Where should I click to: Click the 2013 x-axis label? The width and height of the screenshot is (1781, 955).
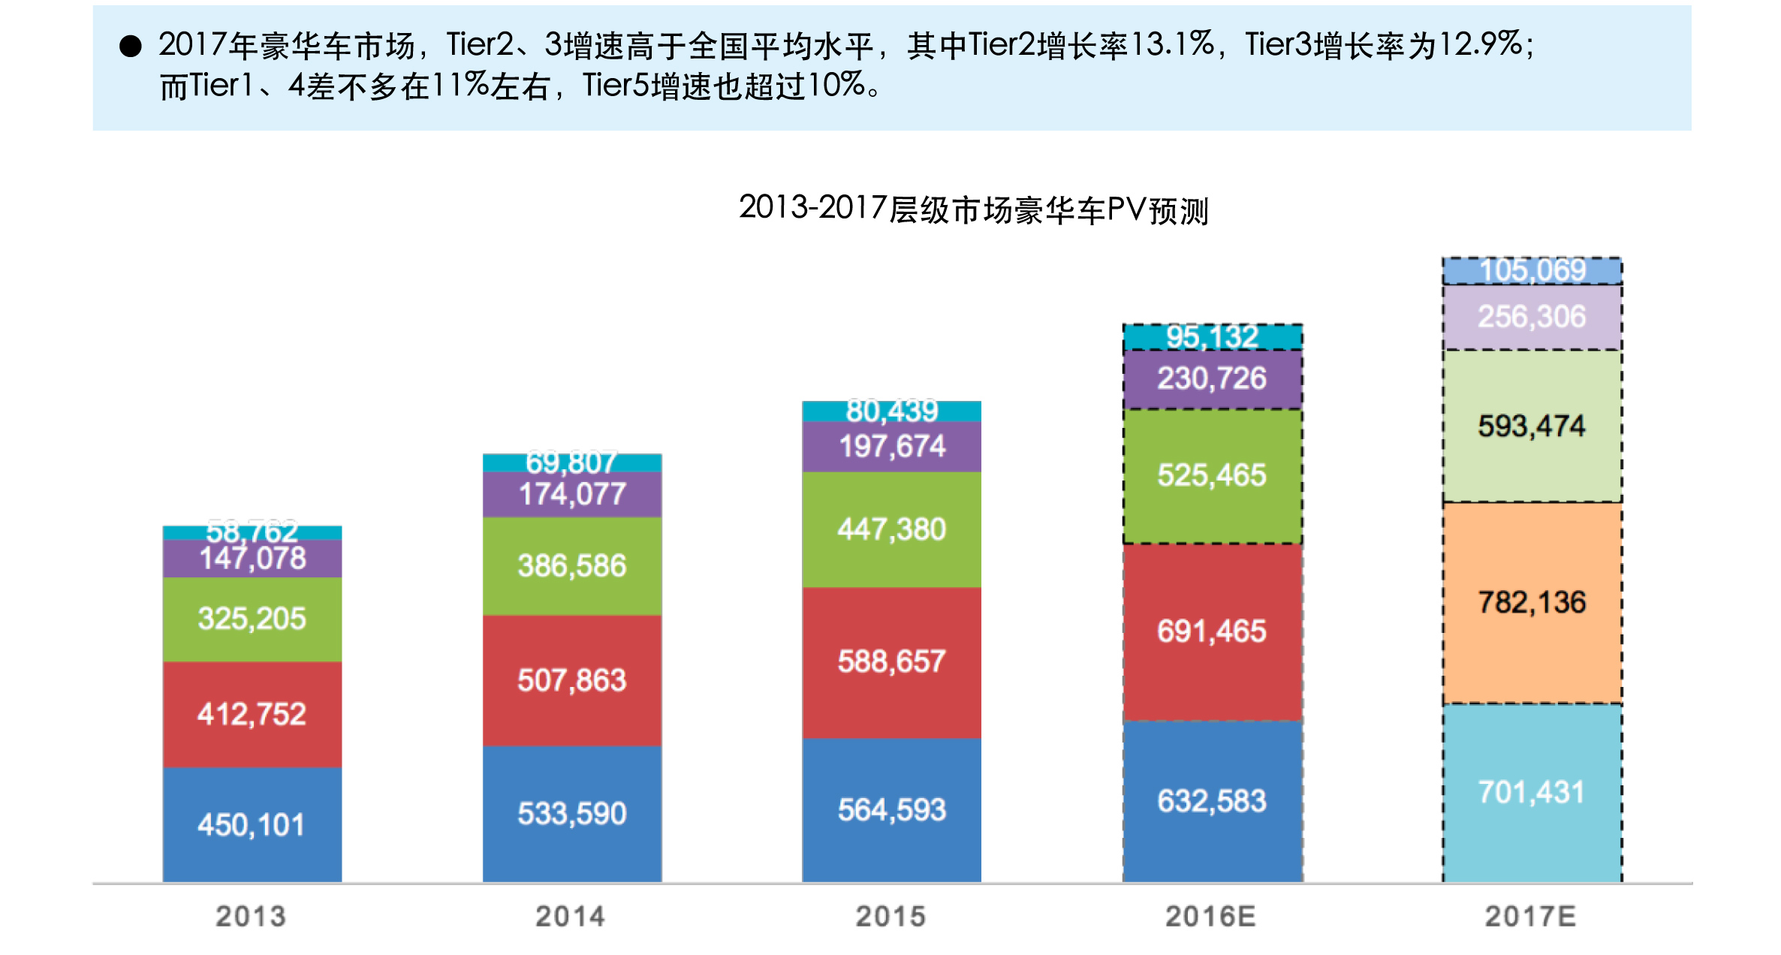click(251, 916)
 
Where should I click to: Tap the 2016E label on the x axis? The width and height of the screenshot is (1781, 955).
click(1210, 916)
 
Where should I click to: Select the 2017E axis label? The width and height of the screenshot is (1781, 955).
click(1531, 916)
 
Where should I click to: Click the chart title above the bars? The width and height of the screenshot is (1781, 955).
click(974, 209)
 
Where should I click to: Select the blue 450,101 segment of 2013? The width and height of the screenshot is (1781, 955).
click(252, 824)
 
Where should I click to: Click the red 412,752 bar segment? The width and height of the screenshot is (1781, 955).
click(252, 714)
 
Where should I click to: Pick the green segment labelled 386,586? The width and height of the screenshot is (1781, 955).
click(572, 566)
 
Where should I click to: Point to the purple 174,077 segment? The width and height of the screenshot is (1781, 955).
click(572, 495)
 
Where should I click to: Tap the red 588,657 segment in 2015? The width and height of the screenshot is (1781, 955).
click(892, 662)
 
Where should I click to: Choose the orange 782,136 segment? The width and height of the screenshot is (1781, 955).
click(1532, 602)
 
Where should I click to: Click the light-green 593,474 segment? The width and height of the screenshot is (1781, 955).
click(1532, 426)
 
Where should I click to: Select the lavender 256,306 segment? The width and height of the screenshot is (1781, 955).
click(1532, 317)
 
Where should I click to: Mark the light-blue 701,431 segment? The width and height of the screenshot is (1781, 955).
click(1532, 792)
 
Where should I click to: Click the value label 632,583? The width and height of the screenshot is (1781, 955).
click(1212, 801)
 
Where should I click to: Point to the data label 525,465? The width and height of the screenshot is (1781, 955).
click(1212, 475)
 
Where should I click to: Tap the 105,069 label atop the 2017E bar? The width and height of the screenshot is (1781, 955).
click(1532, 270)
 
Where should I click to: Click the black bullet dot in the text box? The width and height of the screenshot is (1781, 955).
click(131, 47)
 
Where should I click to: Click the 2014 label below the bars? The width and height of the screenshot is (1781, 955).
click(571, 916)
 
